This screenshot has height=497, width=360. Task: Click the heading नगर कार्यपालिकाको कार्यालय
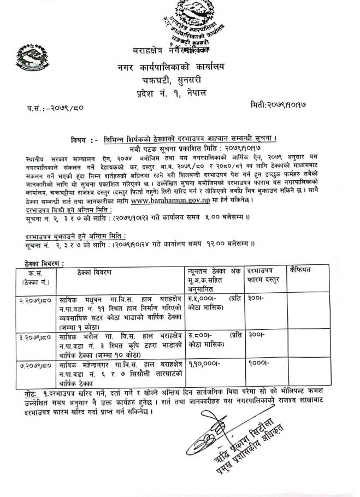point(178,67)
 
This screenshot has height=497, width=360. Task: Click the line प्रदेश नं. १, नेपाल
point(179,94)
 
